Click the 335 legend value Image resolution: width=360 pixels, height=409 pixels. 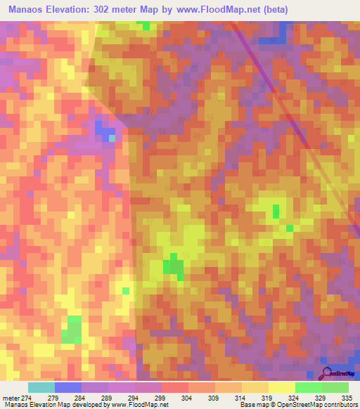[346, 397]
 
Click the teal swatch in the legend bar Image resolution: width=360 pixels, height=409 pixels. [41, 387]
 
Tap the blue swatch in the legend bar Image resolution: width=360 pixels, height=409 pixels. [68, 387]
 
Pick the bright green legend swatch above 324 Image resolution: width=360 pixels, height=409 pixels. [309, 387]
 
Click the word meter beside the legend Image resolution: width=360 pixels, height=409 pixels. [11, 397]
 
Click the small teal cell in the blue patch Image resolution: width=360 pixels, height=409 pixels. [112, 138]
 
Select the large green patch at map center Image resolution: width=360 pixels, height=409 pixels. [173, 267]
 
